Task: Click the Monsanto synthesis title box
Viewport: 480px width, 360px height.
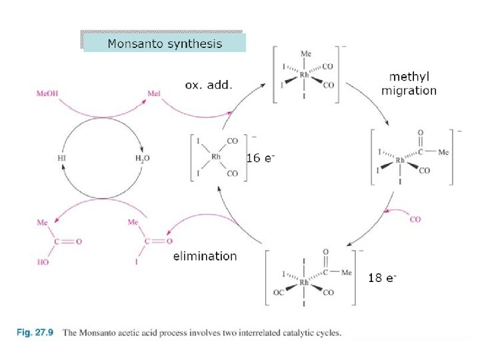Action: tap(163, 44)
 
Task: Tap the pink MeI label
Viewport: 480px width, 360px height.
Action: tap(155, 94)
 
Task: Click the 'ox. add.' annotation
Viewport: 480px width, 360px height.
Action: tap(209, 85)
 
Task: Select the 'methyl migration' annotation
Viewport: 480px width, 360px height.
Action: tap(409, 84)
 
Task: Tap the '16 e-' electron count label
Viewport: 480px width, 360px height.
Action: tap(261, 159)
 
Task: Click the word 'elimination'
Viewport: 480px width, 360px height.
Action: tap(205, 255)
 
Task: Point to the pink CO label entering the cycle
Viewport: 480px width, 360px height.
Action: tap(415, 219)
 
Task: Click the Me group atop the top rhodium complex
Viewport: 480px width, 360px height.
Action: tap(305, 53)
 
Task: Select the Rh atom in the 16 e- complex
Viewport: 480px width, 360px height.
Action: tap(215, 157)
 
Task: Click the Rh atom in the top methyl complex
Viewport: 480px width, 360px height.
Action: tap(305, 75)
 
